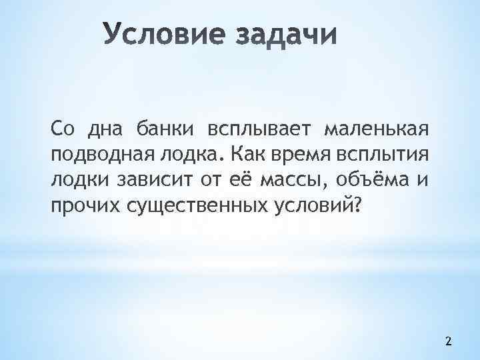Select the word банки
pyautogui.click(x=161, y=127)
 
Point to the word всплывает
pyautogui.click(x=261, y=127)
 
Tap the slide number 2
pyautogui.click(x=448, y=342)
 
